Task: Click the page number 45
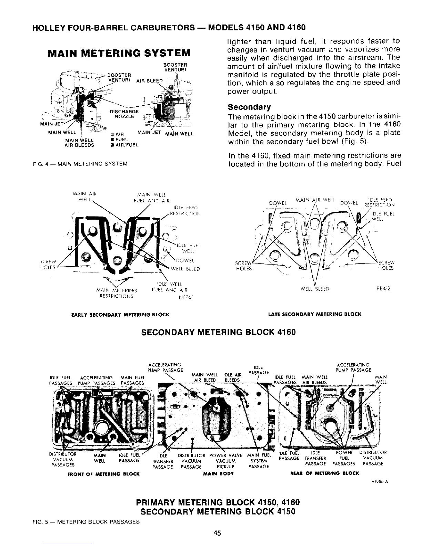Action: point(217,532)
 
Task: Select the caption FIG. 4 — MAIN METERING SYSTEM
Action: point(80,163)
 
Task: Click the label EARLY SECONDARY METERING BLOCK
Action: point(120,315)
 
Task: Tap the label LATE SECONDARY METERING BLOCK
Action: point(314,314)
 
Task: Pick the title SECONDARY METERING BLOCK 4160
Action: point(219,332)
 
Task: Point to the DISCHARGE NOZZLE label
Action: point(124,114)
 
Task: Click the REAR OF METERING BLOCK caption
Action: point(325,473)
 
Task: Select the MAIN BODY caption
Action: point(219,474)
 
